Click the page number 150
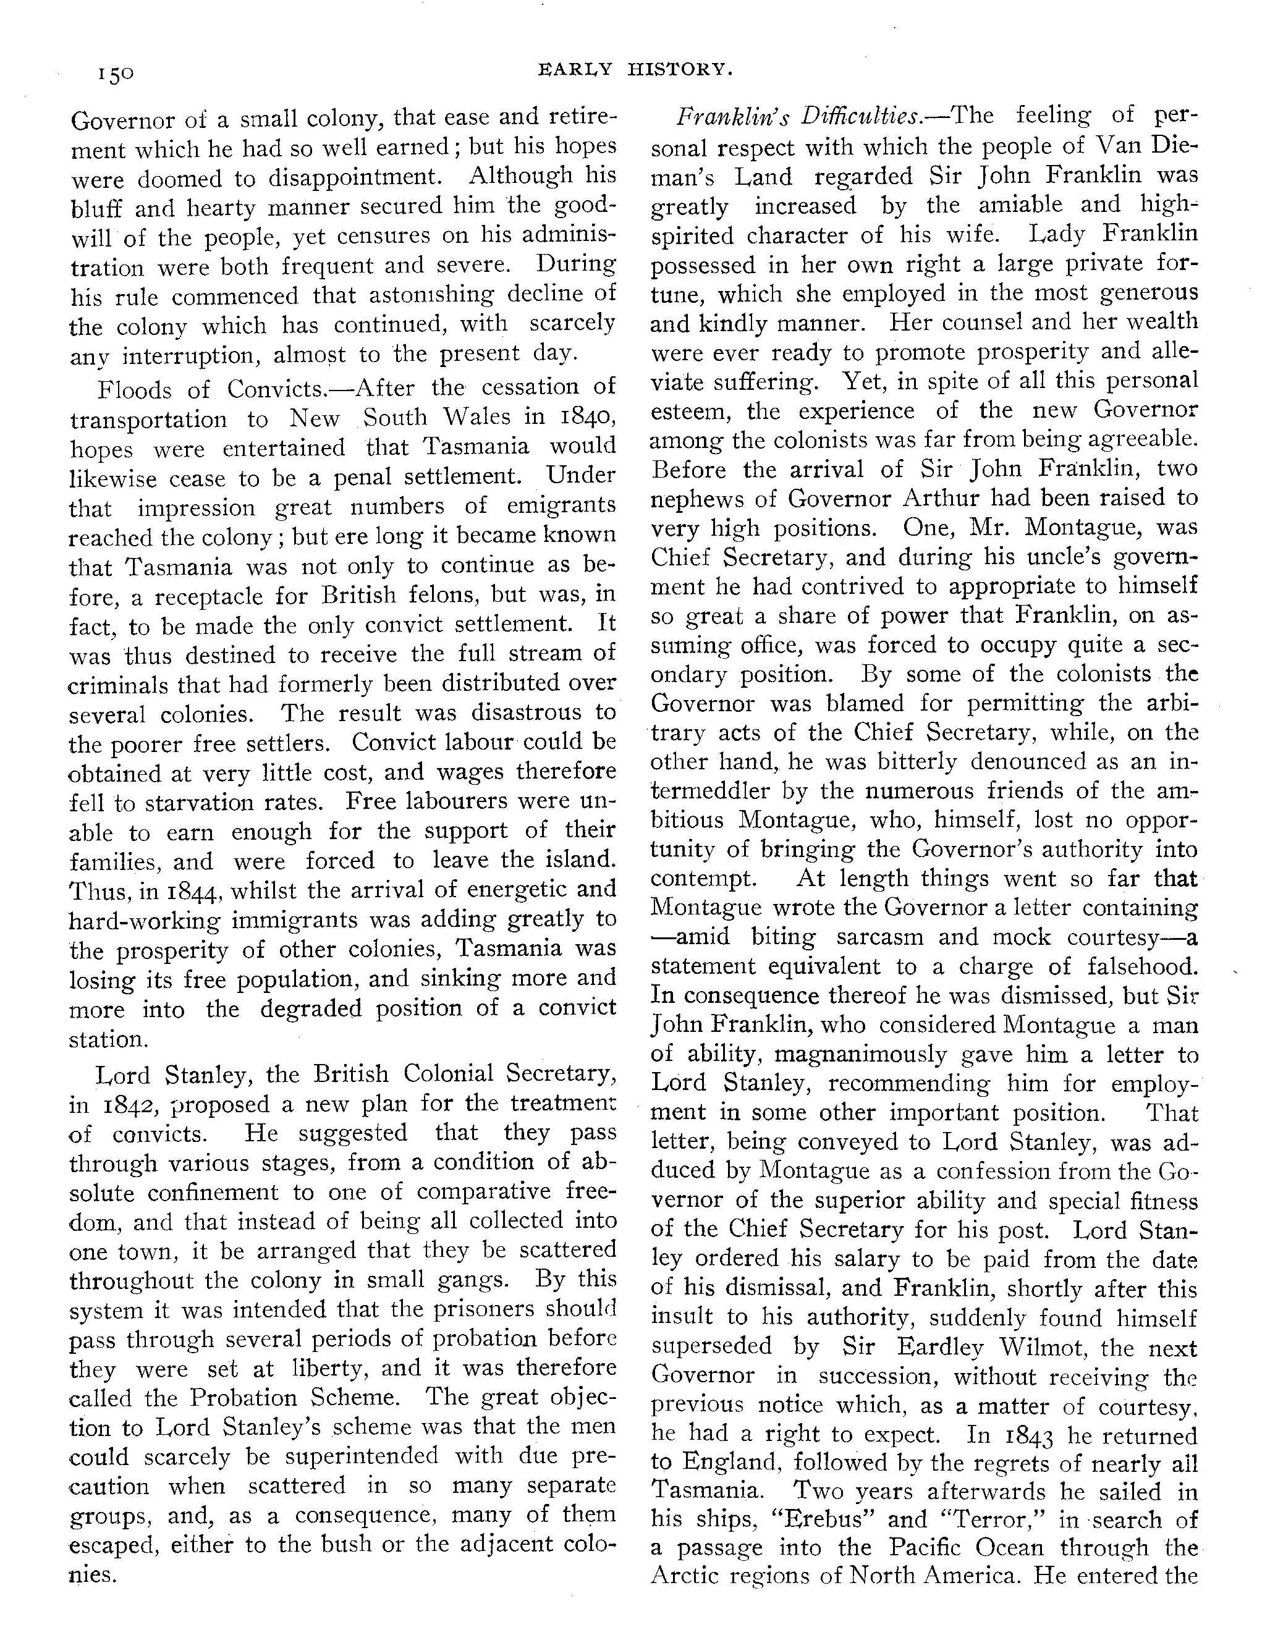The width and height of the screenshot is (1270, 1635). (x=114, y=74)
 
